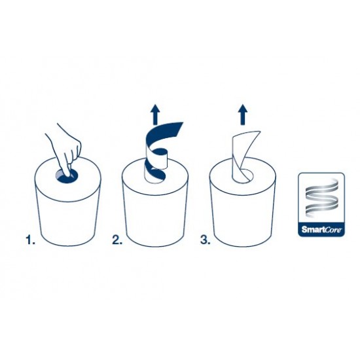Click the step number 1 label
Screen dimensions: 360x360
(x=31, y=240)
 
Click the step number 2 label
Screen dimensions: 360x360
(x=117, y=240)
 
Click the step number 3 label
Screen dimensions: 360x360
(x=205, y=240)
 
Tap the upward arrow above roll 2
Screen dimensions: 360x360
(x=155, y=115)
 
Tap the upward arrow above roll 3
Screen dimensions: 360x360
(x=243, y=115)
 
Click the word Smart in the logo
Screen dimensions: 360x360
(x=312, y=229)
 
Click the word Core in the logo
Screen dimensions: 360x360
(x=333, y=229)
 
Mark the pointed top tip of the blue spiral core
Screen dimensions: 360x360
(x=183, y=122)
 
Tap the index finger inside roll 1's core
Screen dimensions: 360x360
(x=66, y=171)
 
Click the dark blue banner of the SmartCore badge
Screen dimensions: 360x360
(x=321, y=229)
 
